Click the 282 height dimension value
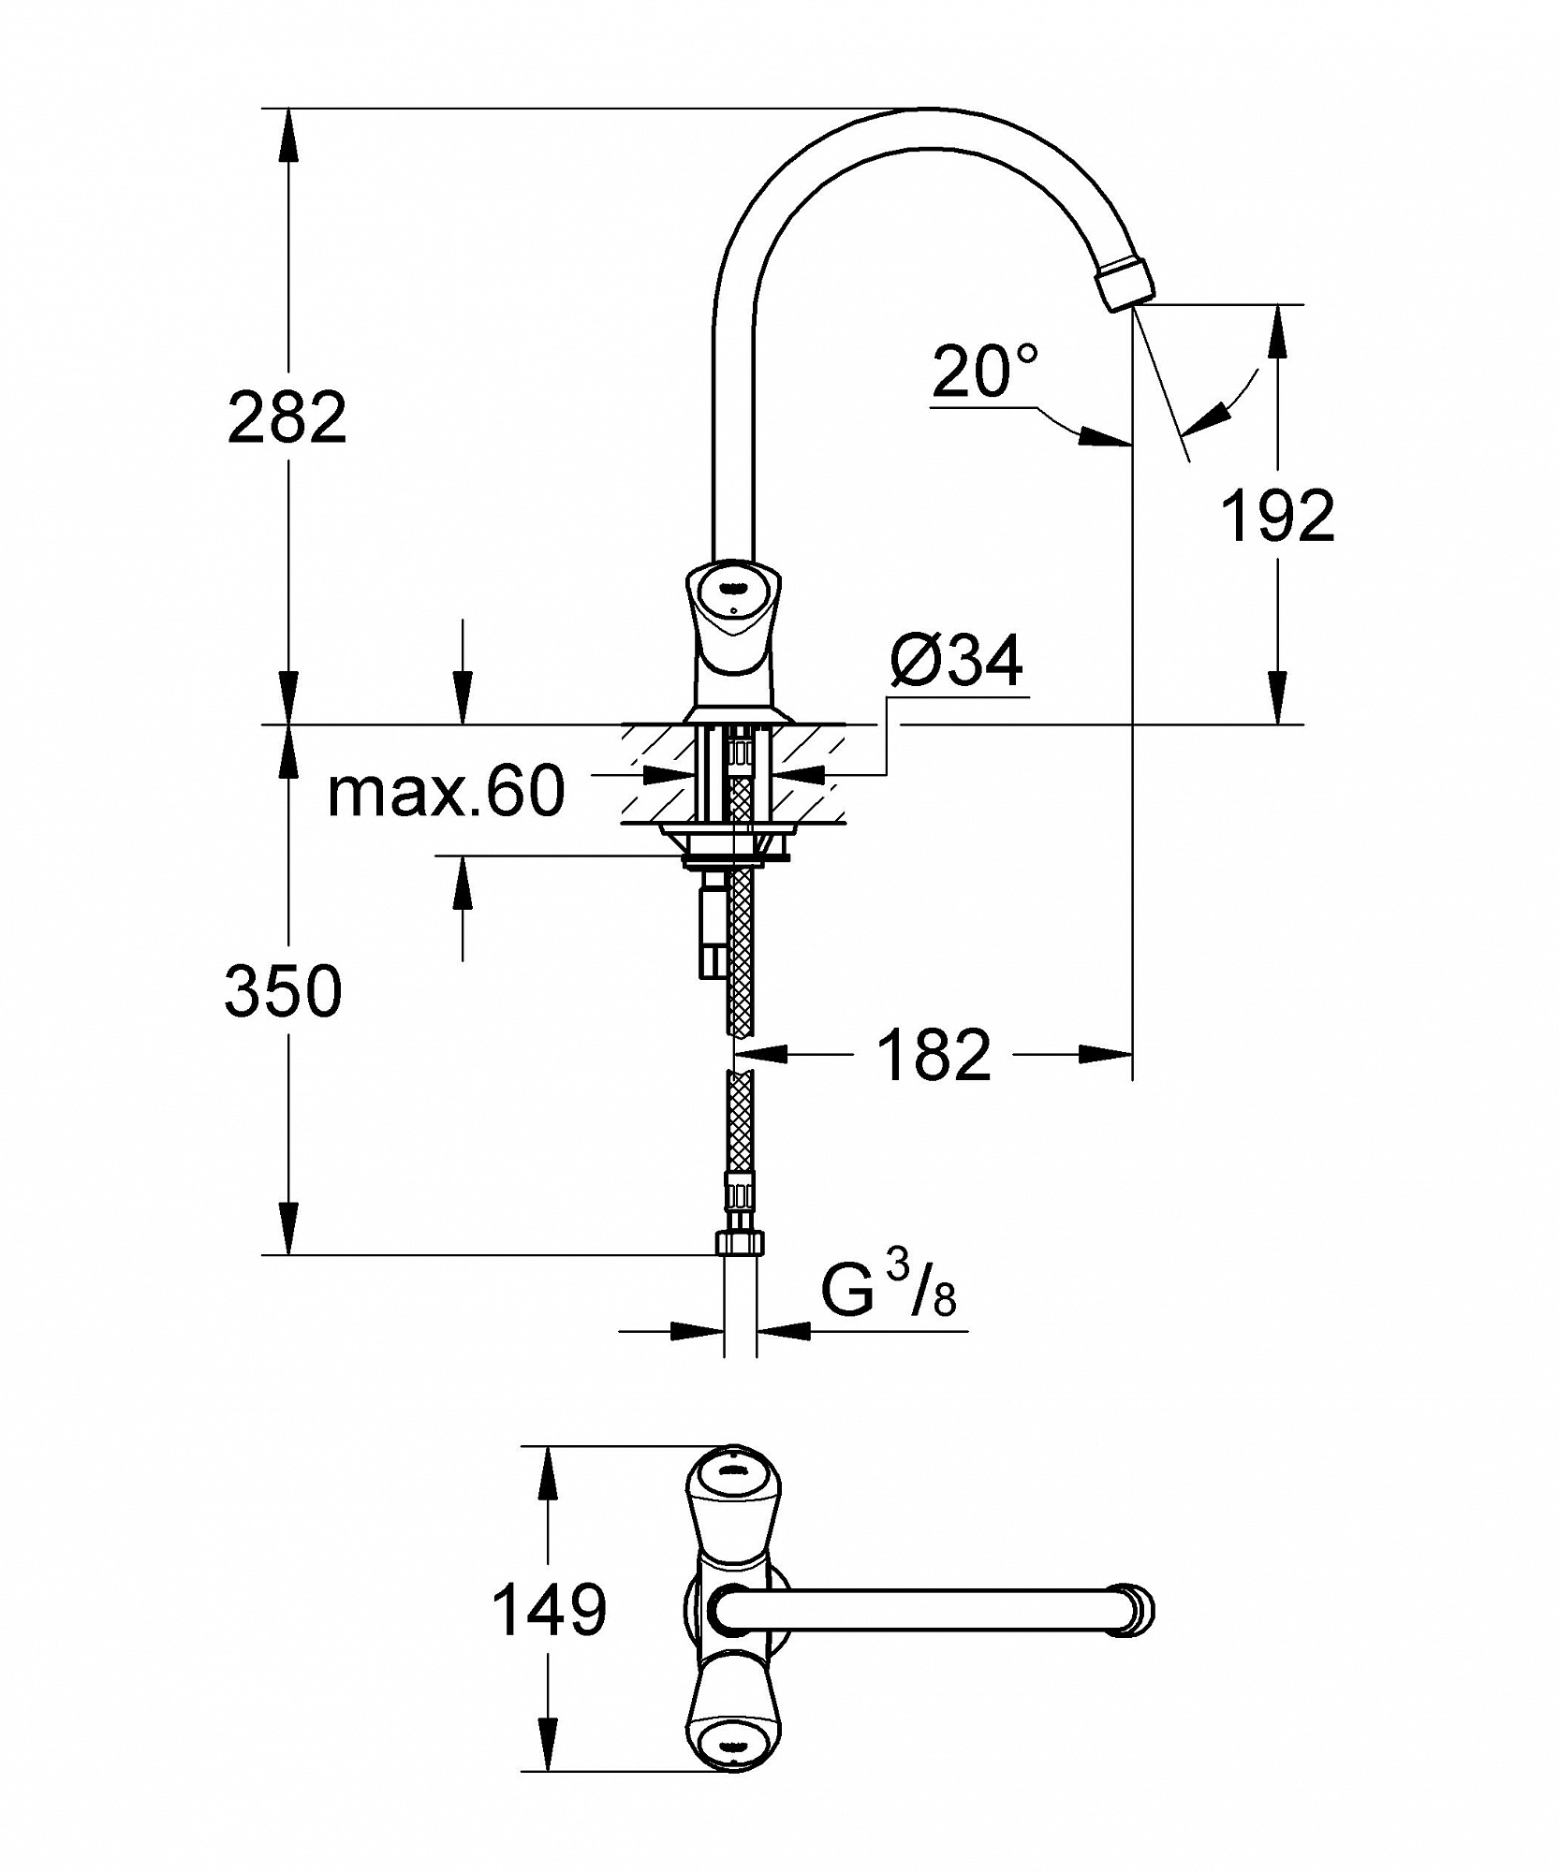(287, 417)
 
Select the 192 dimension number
(1278, 516)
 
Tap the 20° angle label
(985, 371)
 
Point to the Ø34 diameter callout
(957, 662)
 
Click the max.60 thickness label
(447, 791)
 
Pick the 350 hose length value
(284, 991)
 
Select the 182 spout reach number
(934, 1056)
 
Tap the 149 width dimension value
(549, 1610)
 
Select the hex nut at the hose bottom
(740, 1243)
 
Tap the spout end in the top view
(1133, 1609)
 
